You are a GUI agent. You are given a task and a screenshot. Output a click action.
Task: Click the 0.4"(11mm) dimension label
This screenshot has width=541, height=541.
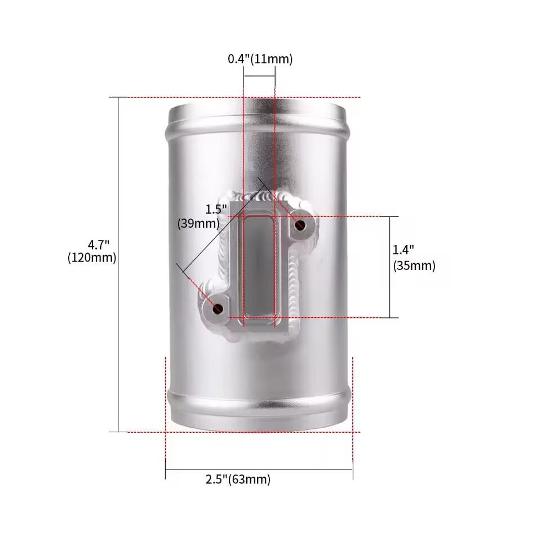(x=260, y=59)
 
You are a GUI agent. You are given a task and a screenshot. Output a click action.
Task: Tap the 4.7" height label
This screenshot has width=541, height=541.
(x=98, y=245)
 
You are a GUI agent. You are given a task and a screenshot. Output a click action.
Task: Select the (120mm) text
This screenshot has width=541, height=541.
(x=92, y=258)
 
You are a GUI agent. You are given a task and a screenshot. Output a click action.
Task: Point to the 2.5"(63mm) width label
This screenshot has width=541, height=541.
(x=238, y=479)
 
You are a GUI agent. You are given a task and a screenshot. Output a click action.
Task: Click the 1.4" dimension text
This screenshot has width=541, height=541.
(x=403, y=250)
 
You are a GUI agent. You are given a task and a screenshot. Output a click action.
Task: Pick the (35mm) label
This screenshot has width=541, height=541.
(x=414, y=265)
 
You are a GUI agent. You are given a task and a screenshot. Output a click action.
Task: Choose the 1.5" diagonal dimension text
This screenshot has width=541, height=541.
(x=216, y=209)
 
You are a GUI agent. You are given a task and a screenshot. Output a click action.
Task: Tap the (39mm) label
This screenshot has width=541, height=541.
(x=198, y=224)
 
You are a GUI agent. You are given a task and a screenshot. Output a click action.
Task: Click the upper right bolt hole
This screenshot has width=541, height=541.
(x=300, y=225)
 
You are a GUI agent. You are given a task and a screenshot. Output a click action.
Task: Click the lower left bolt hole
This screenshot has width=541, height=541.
(x=218, y=309)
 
